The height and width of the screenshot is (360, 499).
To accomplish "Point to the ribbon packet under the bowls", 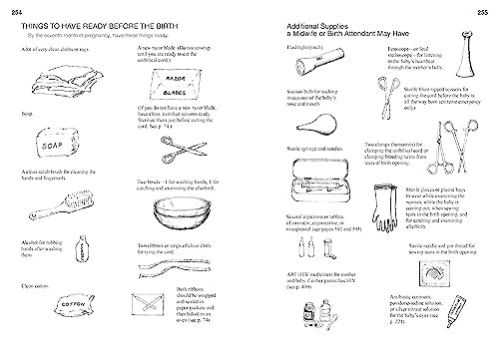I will click(x=159, y=315).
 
